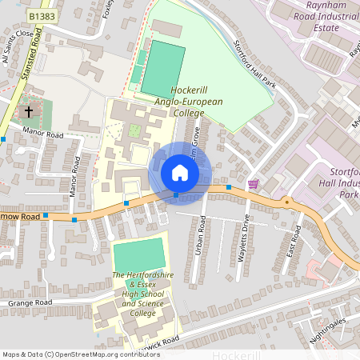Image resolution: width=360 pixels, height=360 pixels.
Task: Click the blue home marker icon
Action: (x=180, y=173)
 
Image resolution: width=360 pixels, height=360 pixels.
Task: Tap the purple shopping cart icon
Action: (x=254, y=184)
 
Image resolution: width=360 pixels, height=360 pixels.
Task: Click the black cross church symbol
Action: (x=30, y=111)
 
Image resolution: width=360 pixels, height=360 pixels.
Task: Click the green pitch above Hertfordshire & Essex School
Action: (x=138, y=255)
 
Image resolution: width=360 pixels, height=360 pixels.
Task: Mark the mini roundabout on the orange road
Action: (x=286, y=202)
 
